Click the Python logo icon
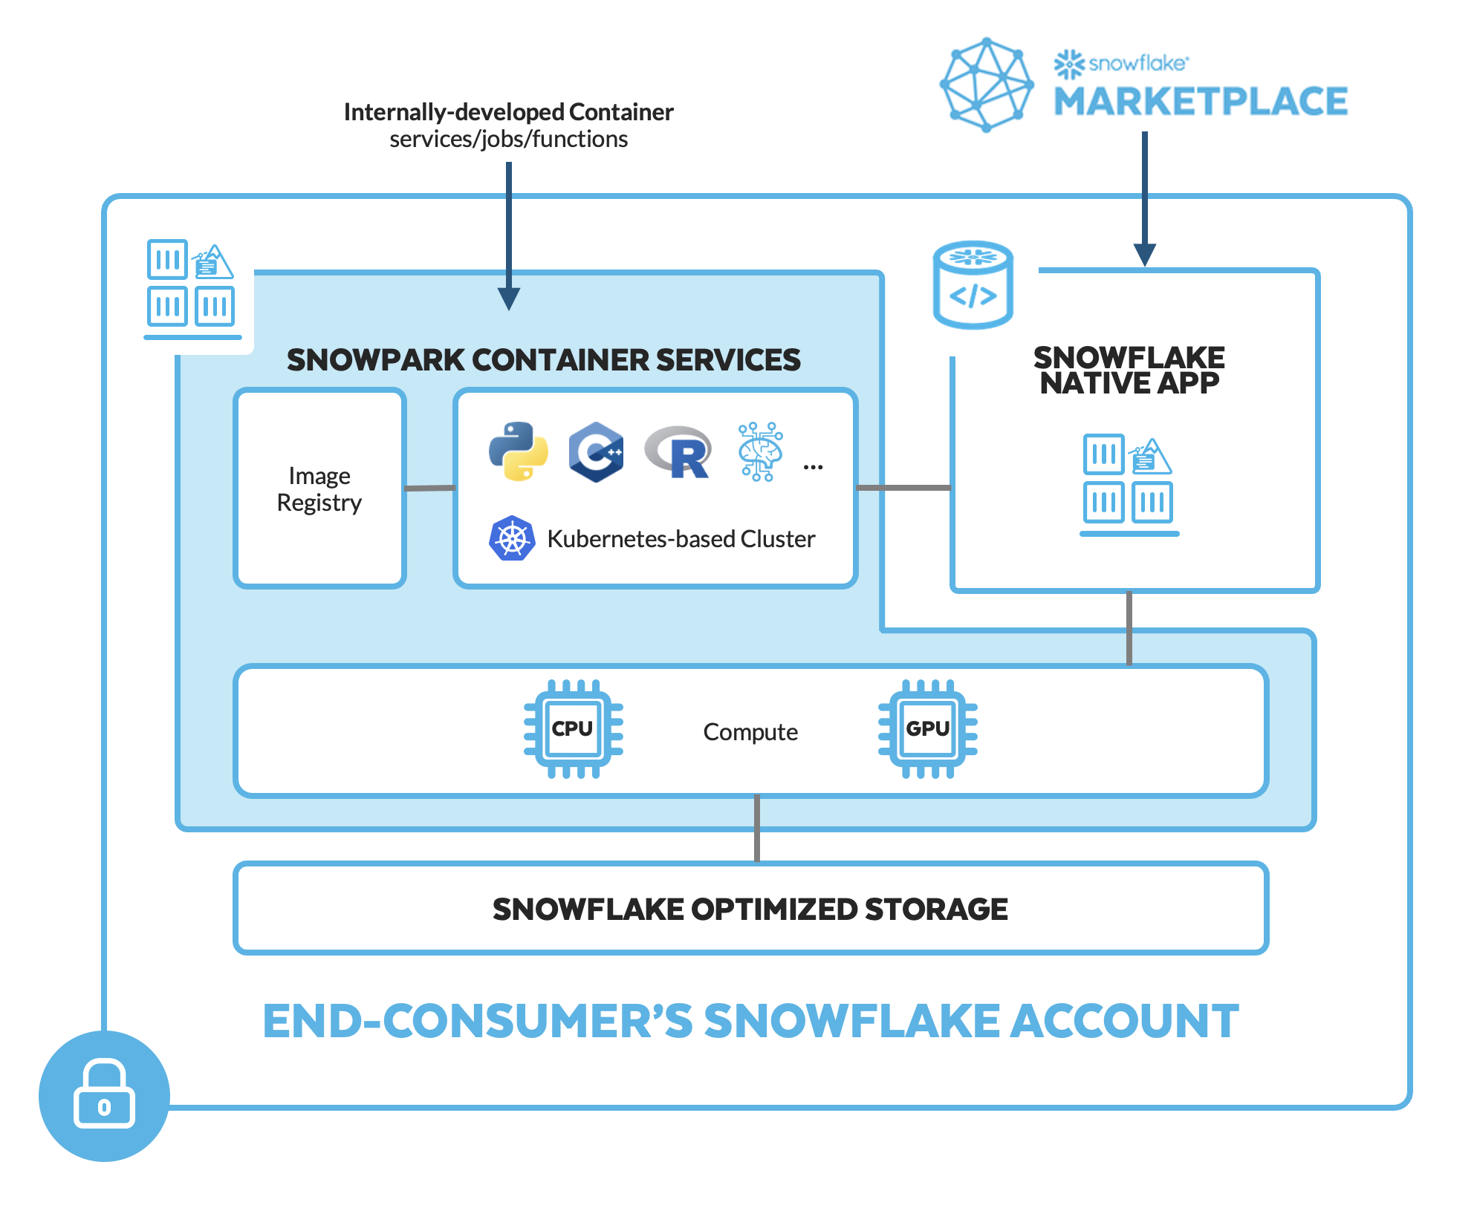[519, 451]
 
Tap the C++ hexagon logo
[596, 451]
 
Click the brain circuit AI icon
[759, 451]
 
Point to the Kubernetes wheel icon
[512, 538]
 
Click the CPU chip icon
[573, 728]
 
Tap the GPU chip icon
[927, 728]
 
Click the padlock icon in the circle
[104, 1095]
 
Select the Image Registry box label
[319, 489]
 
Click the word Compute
[750, 732]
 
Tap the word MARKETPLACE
[1200, 102]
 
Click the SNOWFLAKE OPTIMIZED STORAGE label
[750, 909]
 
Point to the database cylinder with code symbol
[973, 285]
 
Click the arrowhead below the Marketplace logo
[1145, 255]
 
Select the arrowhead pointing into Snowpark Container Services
[509, 298]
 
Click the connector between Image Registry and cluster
[429, 488]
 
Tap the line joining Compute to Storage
[757, 829]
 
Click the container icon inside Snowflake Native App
[1129, 483]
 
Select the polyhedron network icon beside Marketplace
[987, 85]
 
